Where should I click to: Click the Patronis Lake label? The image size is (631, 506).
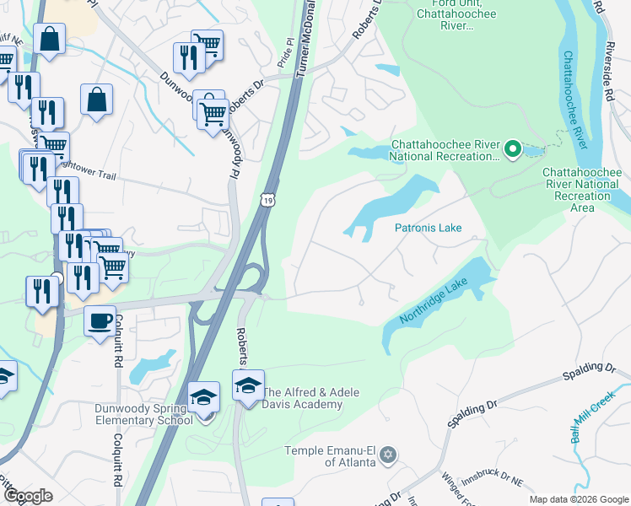click(x=428, y=228)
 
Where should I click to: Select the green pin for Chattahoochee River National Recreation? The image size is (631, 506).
click(x=511, y=149)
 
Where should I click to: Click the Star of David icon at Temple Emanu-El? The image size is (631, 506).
click(x=387, y=454)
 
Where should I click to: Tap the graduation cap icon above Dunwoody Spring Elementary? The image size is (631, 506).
click(x=203, y=396)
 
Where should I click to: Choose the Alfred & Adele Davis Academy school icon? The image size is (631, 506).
click(x=248, y=385)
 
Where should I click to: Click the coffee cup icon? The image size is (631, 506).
click(x=100, y=321)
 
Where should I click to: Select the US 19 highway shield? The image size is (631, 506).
click(x=267, y=199)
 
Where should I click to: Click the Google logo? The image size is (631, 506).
click(x=28, y=497)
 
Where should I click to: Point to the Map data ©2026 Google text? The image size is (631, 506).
click(x=578, y=499)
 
